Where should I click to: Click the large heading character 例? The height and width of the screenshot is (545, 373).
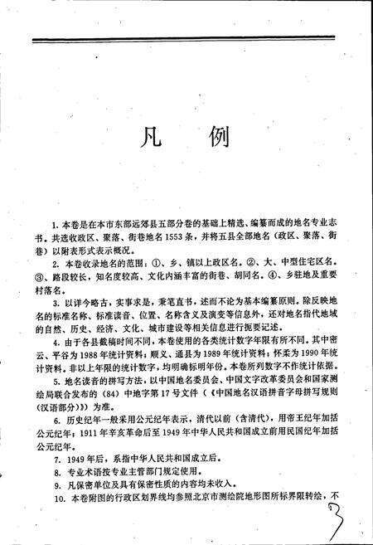(x=222, y=137)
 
